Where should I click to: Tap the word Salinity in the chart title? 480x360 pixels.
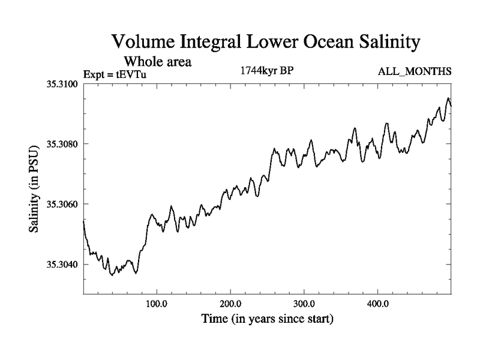(383, 43)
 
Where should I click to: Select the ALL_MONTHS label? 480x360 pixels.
(414, 72)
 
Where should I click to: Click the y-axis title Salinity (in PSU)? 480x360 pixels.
(35, 188)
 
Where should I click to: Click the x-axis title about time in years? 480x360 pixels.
(266, 319)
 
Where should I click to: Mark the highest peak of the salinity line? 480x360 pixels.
(448, 98)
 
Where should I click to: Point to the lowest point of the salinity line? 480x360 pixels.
(112, 275)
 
